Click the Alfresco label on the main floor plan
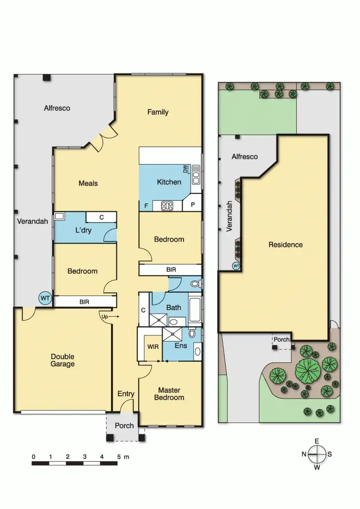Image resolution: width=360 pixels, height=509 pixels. (x=57, y=108)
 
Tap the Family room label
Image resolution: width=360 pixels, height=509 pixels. (x=158, y=112)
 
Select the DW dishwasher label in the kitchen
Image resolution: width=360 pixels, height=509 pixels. (x=185, y=170)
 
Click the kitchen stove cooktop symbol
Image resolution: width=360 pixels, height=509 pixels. (x=167, y=205)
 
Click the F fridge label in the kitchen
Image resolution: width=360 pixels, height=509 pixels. (x=146, y=205)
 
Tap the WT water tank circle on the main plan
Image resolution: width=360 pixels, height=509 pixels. (x=45, y=298)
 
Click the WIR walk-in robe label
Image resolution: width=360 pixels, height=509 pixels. (x=153, y=346)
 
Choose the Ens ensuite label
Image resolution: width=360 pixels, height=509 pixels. (x=180, y=345)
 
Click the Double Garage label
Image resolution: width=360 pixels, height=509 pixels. (x=63, y=360)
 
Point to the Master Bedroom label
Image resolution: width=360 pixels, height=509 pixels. (x=169, y=394)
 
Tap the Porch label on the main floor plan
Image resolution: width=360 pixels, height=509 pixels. (x=124, y=425)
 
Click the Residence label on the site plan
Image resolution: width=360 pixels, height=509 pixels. (x=285, y=245)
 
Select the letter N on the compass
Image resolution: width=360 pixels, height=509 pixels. (x=304, y=454)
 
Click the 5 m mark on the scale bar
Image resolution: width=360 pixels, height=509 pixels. (x=118, y=456)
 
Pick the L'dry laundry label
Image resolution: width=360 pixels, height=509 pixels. (x=83, y=230)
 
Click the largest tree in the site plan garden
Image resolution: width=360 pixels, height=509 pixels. (x=308, y=370)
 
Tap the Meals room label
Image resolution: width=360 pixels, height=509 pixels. (x=88, y=183)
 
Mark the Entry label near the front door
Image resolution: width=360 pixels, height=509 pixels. (x=126, y=394)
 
